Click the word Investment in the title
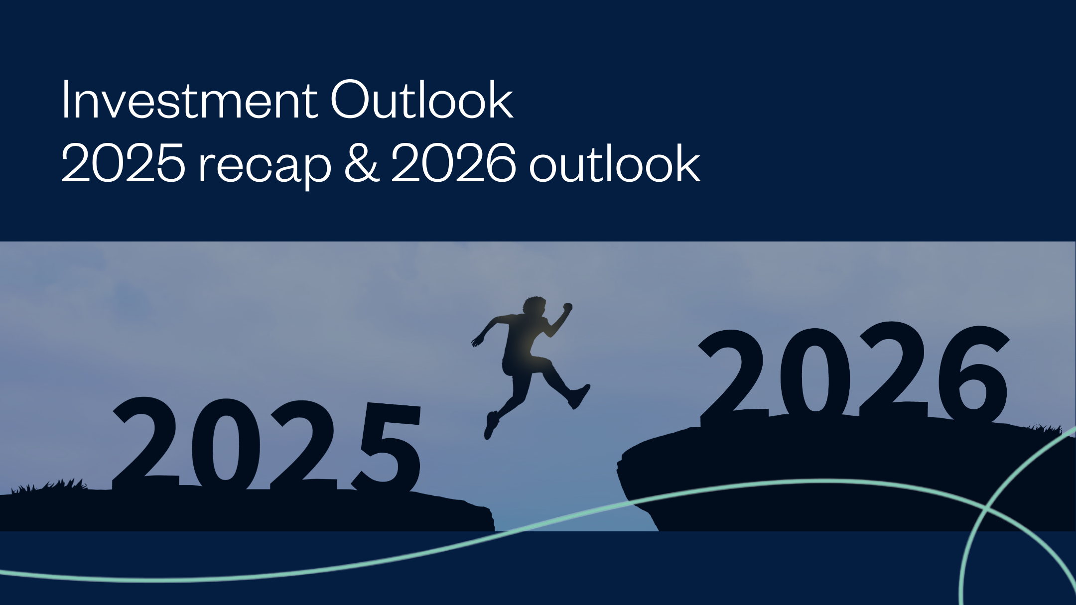(189, 101)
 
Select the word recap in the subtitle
(265, 166)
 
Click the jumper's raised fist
(567, 308)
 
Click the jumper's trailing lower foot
(491, 426)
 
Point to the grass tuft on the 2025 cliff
(50, 485)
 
